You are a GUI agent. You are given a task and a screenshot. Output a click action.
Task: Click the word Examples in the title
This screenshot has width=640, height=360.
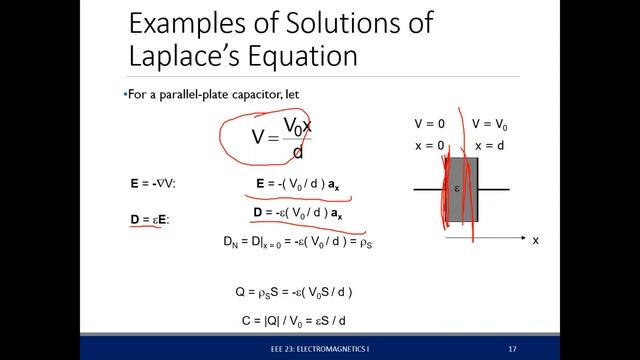pos(186,23)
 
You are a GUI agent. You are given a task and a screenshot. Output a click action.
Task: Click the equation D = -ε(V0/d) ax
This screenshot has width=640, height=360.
pos(298,214)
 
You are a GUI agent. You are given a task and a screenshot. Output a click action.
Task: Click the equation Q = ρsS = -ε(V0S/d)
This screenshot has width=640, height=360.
pos(293,292)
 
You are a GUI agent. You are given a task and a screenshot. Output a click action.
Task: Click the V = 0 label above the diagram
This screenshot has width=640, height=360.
pos(431,125)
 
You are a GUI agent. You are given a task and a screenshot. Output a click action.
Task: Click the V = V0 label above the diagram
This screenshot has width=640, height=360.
pos(491,125)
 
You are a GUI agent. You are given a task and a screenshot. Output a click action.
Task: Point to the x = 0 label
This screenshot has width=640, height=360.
pos(430,146)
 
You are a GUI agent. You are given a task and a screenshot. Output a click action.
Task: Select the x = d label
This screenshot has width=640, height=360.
pos(490,146)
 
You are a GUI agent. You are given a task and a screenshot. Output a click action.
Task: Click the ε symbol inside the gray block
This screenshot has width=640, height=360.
pos(457,188)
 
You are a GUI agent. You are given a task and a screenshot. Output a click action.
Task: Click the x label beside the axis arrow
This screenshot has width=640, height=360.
pos(536,241)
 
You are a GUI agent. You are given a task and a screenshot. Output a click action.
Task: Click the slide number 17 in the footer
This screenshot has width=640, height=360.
pos(512,349)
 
